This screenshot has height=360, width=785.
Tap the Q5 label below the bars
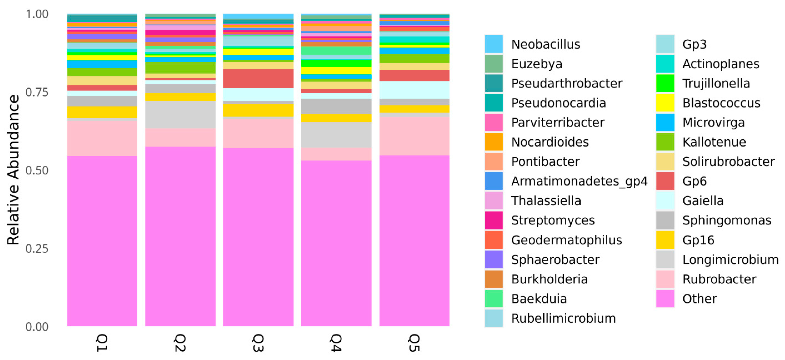click(x=414, y=343)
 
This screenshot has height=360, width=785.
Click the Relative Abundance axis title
click(x=13, y=170)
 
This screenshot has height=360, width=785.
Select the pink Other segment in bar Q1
click(x=102, y=241)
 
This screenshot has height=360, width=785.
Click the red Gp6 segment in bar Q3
click(x=258, y=78)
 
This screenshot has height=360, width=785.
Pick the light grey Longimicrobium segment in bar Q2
click(x=180, y=114)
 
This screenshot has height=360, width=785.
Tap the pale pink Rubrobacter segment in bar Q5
click(x=414, y=136)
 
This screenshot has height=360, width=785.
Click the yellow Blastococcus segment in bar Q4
click(x=336, y=70)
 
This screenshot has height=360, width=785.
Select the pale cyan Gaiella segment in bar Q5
click(x=414, y=90)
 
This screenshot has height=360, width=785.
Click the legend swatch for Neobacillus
click(x=494, y=44)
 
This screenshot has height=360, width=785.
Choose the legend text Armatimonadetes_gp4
click(x=579, y=181)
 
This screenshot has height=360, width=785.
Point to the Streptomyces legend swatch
click(x=494, y=220)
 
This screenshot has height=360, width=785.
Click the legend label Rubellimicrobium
click(x=563, y=318)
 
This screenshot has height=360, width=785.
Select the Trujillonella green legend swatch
click(x=665, y=83)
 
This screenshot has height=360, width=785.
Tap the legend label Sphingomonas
click(x=726, y=220)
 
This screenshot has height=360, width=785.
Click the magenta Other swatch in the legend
click(x=665, y=298)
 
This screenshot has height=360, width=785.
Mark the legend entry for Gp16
click(x=698, y=240)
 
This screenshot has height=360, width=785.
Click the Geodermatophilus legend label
click(x=566, y=240)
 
